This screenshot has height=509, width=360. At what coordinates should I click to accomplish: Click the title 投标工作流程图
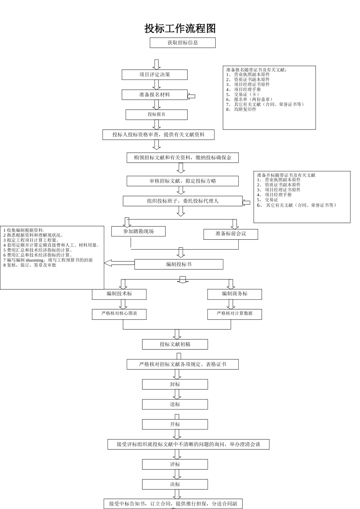(180, 28)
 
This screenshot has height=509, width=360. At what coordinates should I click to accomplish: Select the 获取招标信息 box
(183, 43)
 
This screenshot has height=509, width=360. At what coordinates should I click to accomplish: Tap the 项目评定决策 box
(155, 75)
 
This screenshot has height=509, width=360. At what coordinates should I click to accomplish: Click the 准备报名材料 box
(155, 95)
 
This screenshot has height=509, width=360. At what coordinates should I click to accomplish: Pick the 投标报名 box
(157, 114)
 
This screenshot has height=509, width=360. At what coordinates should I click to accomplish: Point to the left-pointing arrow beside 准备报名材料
(191, 96)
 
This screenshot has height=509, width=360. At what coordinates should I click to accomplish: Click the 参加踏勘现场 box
(138, 231)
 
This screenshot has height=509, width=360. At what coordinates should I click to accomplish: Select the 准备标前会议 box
(231, 234)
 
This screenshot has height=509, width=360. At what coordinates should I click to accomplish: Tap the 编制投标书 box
(179, 264)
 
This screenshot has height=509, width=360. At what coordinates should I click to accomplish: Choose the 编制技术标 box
(119, 294)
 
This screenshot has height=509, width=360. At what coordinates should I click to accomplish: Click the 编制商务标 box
(235, 294)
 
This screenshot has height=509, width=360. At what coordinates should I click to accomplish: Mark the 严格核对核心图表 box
(119, 314)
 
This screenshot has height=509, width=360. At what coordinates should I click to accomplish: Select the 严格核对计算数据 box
(235, 314)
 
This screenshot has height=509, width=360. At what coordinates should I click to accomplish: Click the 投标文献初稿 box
(175, 344)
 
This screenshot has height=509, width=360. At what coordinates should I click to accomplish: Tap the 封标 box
(175, 384)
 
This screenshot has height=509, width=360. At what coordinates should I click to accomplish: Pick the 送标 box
(175, 404)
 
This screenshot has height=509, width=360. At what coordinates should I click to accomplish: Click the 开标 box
(175, 425)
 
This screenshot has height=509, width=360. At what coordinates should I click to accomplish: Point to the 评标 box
(175, 464)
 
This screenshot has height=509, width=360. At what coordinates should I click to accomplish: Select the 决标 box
(175, 484)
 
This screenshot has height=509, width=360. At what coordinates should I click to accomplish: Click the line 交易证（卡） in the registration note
(246, 94)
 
